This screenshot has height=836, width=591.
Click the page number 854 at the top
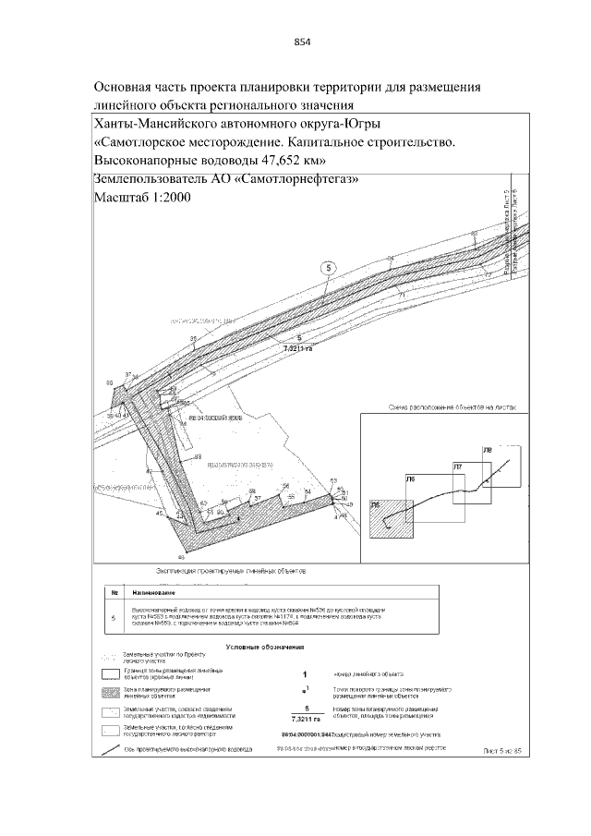(x=302, y=41)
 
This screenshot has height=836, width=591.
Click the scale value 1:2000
(x=168, y=199)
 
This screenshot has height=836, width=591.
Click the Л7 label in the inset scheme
(x=456, y=468)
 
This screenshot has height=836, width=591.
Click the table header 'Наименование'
(x=153, y=591)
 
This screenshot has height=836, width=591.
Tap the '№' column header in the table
(x=114, y=591)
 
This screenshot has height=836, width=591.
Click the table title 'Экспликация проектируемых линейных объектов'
(x=231, y=572)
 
